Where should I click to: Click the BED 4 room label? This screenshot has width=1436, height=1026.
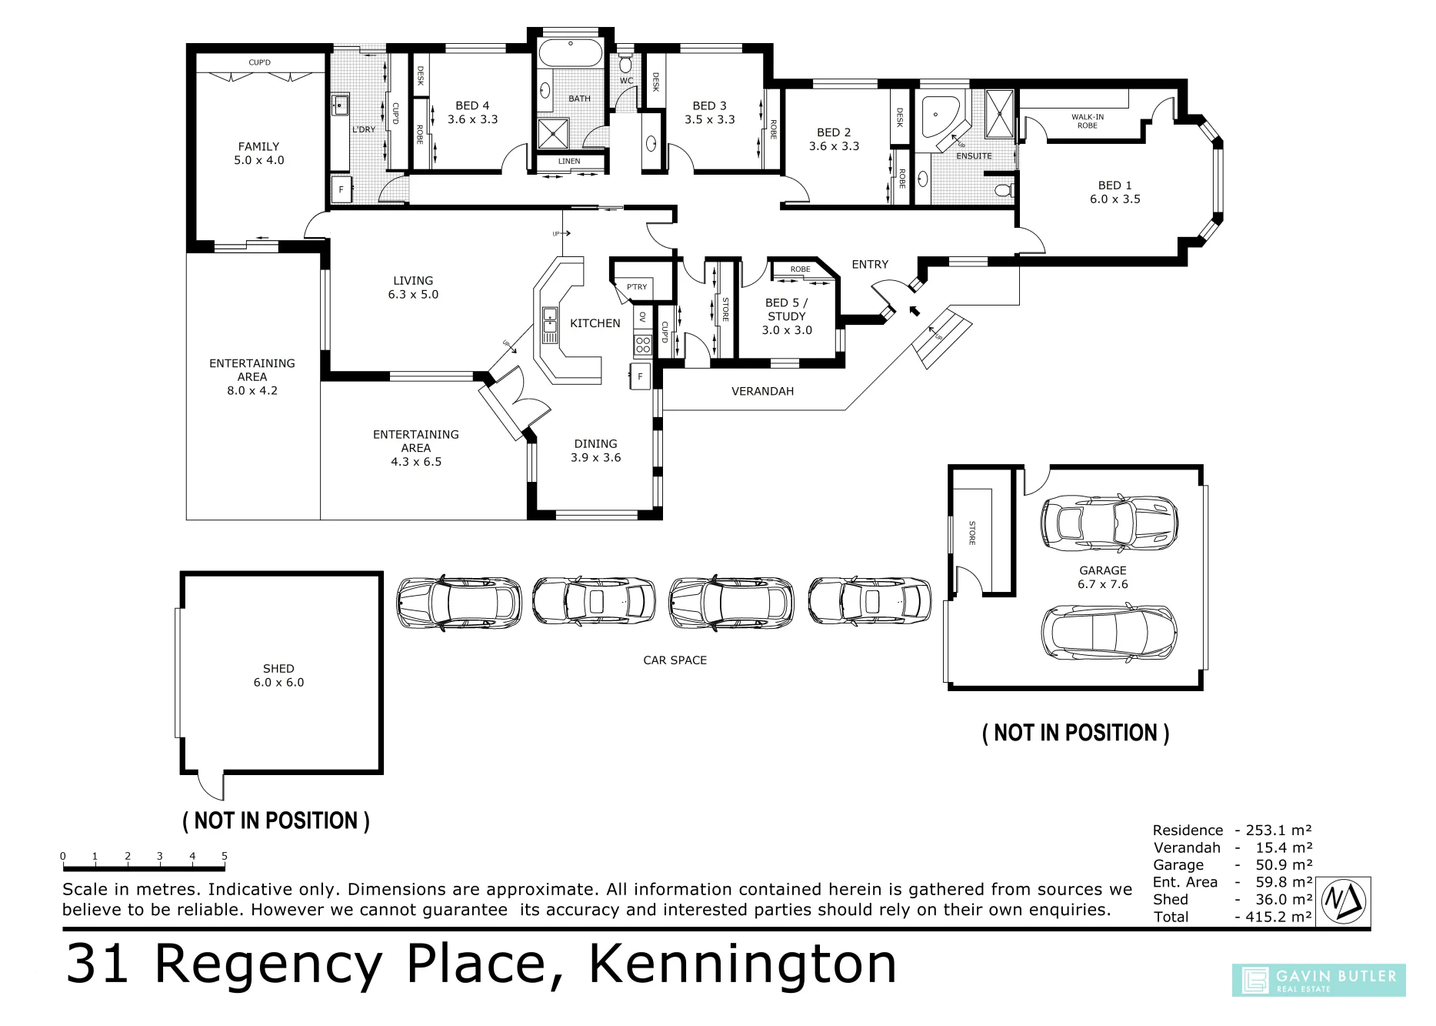472,112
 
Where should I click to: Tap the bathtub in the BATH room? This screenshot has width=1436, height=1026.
570,53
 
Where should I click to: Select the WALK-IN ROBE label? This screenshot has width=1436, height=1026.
1088,122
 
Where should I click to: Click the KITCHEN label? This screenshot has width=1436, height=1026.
595,323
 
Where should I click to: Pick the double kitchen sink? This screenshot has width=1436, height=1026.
550,325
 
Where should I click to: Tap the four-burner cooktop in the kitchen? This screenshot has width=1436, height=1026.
643,346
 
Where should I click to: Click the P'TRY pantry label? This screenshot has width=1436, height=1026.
637,287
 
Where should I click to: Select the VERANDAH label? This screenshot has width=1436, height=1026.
762,391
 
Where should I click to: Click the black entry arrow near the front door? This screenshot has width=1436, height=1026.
915,310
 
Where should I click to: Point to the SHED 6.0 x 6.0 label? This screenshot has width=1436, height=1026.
278,676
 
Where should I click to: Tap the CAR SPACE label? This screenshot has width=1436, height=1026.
675,660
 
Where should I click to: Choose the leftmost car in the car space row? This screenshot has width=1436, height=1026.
458,603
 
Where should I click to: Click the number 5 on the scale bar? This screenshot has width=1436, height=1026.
225,856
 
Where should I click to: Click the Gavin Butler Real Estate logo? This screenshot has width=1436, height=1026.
1318,981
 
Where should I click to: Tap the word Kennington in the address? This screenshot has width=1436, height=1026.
743,964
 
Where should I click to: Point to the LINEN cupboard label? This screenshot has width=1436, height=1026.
569,161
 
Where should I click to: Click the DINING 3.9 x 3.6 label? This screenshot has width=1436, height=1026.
595,450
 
